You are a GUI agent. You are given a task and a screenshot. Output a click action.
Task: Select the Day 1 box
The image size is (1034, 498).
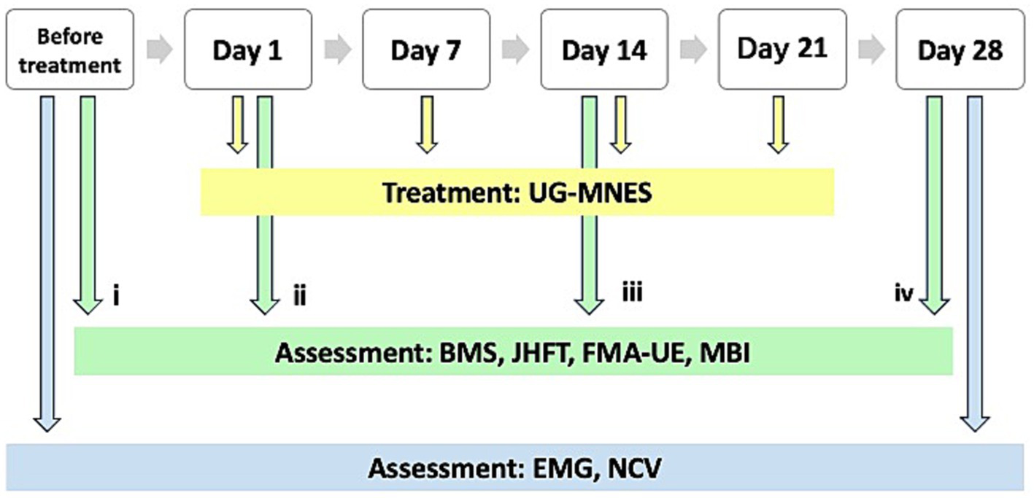pyautogui.click(x=247, y=50)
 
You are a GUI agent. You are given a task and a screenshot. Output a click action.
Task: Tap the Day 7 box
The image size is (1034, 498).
pyautogui.click(x=425, y=50)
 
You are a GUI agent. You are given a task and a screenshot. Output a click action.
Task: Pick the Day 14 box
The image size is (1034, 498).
pyautogui.click(x=603, y=50)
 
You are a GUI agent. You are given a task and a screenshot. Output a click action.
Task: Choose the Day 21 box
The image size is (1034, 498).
pyautogui.click(x=782, y=50)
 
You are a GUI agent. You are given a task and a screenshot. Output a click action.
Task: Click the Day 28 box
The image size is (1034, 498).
pyautogui.click(x=960, y=50)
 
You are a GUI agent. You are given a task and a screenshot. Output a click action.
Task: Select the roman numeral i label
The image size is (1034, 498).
pyautogui.click(x=115, y=297)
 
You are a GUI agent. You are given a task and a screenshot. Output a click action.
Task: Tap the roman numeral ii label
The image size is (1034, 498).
pyautogui.click(x=298, y=297)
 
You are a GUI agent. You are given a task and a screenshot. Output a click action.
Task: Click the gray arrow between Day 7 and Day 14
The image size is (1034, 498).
pyautogui.click(x=515, y=50)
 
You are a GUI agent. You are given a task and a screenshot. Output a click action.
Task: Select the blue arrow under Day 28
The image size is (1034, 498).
pyautogui.click(x=974, y=262)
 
